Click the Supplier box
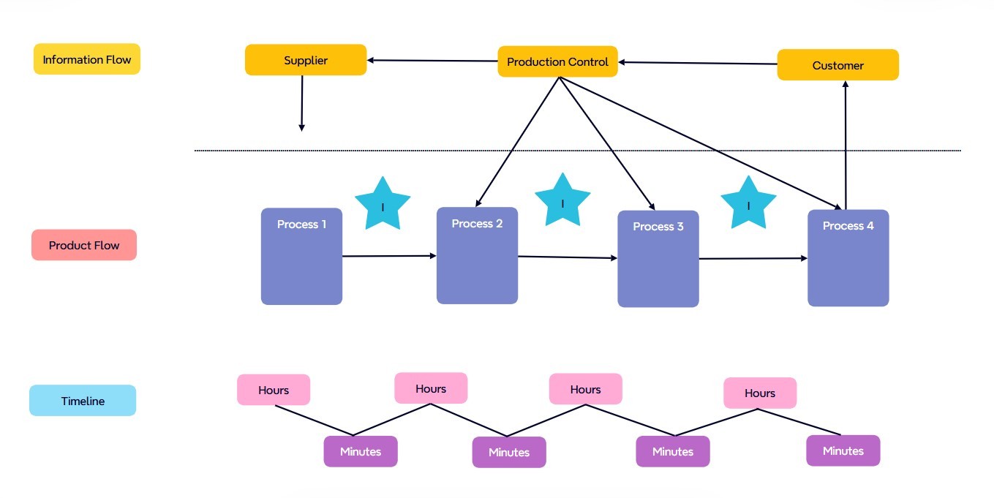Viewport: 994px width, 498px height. point(306,60)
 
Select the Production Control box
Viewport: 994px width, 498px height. point(557,62)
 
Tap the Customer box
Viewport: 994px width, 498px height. point(837,65)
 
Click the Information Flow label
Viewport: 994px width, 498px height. point(87,59)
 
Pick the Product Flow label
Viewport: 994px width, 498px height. point(84,245)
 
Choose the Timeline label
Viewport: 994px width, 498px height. point(83,401)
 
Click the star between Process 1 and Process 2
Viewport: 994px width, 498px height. point(383,204)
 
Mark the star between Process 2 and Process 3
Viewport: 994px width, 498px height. point(562,200)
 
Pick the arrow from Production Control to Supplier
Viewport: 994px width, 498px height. point(432,61)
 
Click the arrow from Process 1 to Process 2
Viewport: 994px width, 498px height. point(389,256)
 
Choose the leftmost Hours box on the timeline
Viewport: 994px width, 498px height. point(274,390)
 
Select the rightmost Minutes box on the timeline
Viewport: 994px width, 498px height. point(843,450)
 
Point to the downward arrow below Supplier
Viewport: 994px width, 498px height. point(301,103)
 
